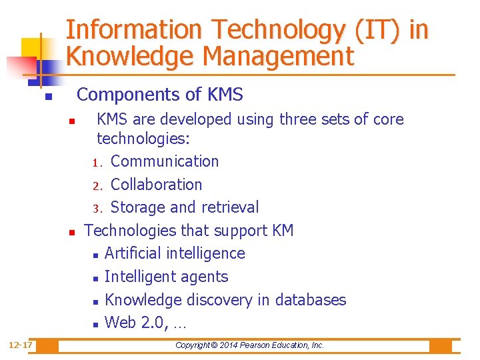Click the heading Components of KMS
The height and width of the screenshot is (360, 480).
pyautogui.click(x=160, y=95)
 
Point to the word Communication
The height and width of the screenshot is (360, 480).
pyautogui.click(x=165, y=161)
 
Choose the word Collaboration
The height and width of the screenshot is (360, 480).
pyautogui.click(x=156, y=185)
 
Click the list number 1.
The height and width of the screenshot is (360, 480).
pyautogui.click(x=96, y=163)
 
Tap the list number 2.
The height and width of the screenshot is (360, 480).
pyautogui.click(x=96, y=186)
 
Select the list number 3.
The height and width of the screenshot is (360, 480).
pyautogui.click(x=96, y=209)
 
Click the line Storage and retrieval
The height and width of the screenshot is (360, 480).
pyautogui.click(x=185, y=207)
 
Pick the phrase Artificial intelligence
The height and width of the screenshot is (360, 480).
pyautogui.click(x=175, y=253)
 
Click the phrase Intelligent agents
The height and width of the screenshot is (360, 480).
pyautogui.click(x=166, y=277)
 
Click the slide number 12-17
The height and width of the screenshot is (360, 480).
pyautogui.click(x=21, y=345)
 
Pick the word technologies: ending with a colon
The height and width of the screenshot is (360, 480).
pyautogui.click(x=143, y=139)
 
